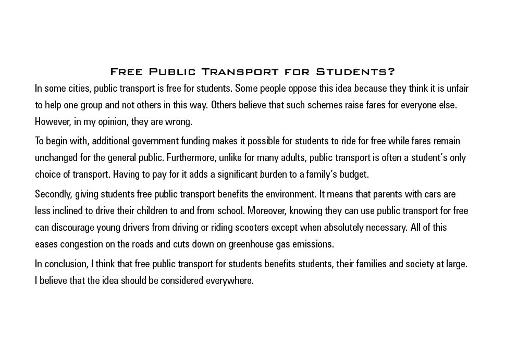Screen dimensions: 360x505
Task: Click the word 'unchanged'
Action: click(56, 157)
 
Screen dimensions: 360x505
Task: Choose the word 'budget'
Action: click(353, 174)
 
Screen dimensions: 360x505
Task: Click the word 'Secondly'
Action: click(53, 194)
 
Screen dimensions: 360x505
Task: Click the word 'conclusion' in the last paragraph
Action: click(66, 264)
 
